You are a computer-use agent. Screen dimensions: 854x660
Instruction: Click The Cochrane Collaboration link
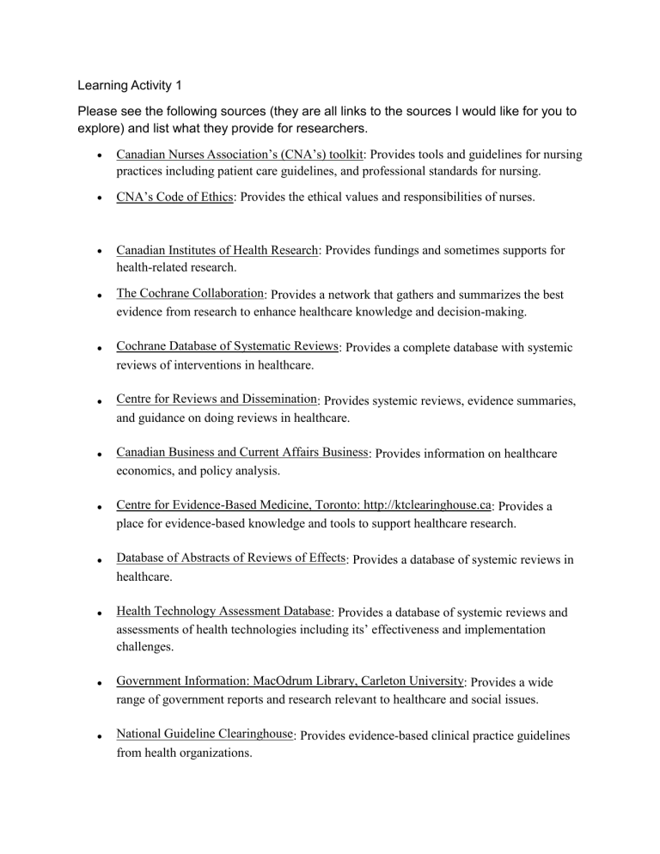pyautogui.click(x=190, y=294)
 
